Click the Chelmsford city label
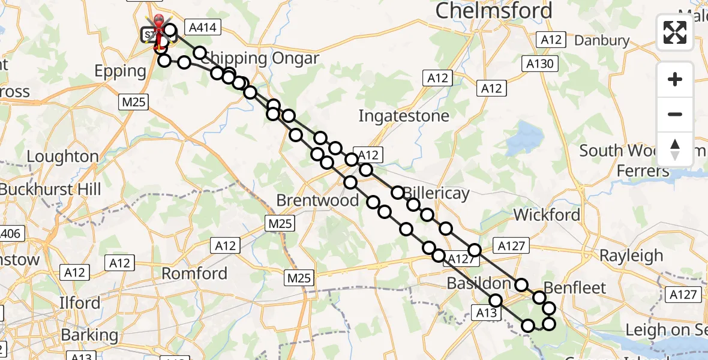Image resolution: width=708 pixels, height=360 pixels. (494, 10)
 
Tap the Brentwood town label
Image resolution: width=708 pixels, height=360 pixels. (318, 200)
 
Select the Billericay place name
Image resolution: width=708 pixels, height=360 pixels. (437, 194)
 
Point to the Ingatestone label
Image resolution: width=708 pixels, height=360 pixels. (403, 115)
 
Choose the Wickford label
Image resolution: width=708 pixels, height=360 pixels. (547, 215)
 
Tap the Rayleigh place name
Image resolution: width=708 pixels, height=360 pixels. (631, 256)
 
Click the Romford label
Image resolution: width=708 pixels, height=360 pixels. (195, 274)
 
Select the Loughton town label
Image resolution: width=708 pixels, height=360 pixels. (63, 157)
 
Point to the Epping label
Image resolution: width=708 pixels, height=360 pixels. (121, 71)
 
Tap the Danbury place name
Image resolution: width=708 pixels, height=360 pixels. (602, 41)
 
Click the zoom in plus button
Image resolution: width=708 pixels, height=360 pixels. (675, 80)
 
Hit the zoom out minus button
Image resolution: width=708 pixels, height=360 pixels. (675, 114)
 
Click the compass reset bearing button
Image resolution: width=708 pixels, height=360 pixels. (675, 149)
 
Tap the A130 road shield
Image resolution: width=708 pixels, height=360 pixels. (541, 64)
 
